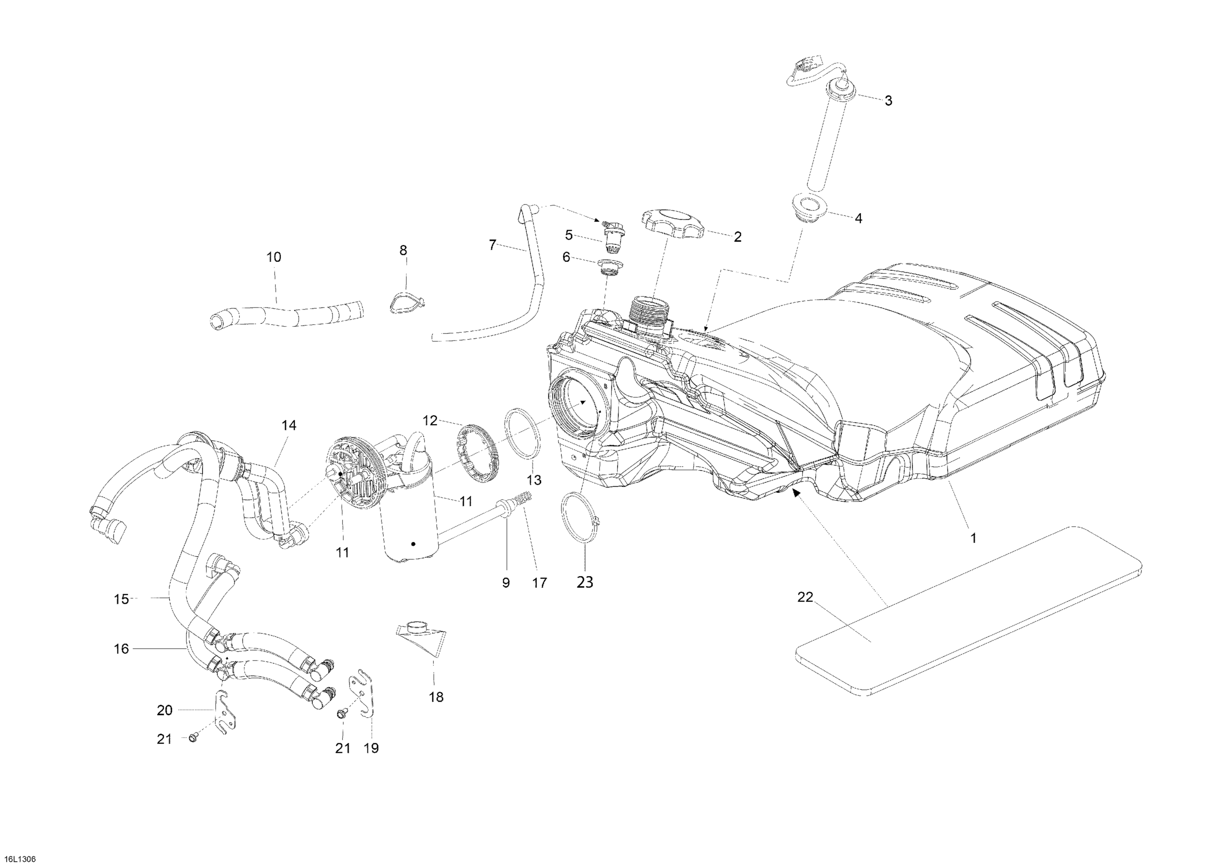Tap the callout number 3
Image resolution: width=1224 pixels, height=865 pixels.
(x=888, y=101)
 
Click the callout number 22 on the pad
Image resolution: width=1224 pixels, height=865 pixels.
(x=805, y=597)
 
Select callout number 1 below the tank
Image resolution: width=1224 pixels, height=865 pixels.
(x=973, y=538)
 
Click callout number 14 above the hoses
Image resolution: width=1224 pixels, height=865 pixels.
(x=289, y=425)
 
